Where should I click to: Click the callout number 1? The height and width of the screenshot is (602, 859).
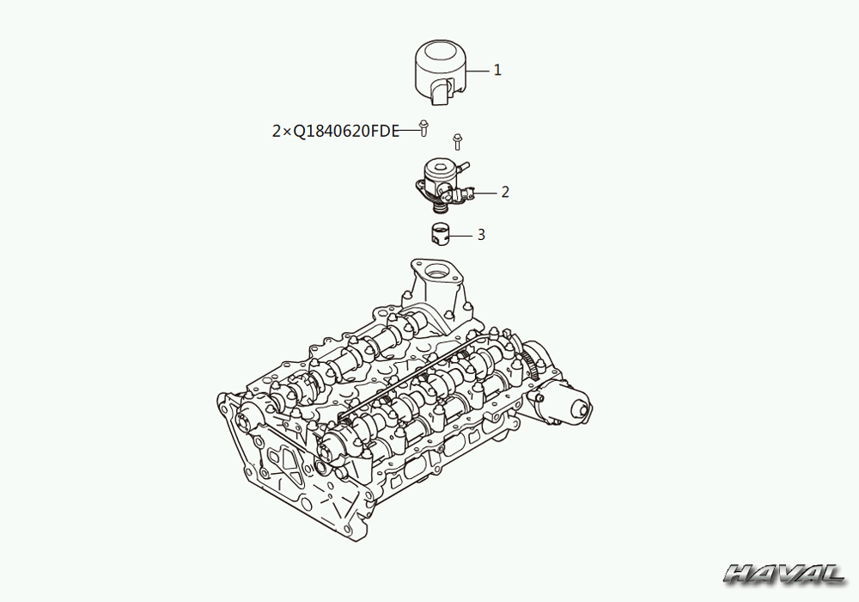pos(497,71)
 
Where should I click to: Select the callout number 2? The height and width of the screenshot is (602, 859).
pos(505,192)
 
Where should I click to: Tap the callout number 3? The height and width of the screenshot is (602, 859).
pos(481,235)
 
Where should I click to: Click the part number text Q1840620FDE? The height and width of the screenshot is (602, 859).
pos(346,132)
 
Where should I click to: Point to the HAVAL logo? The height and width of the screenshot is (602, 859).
pos(784,574)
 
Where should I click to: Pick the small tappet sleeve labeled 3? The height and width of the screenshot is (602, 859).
pos(439,234)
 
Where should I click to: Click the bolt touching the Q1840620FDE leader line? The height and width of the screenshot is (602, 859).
pos(423,127)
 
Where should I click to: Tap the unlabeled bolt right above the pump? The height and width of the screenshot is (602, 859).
pos(458,141)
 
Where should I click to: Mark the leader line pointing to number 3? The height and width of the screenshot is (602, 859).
pos(460,236)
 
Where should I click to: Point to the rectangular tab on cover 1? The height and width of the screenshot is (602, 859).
pos(440,93)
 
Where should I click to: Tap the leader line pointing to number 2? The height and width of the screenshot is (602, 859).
pos(485,193)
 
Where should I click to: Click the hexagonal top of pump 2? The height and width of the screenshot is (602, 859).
pos(440,166)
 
